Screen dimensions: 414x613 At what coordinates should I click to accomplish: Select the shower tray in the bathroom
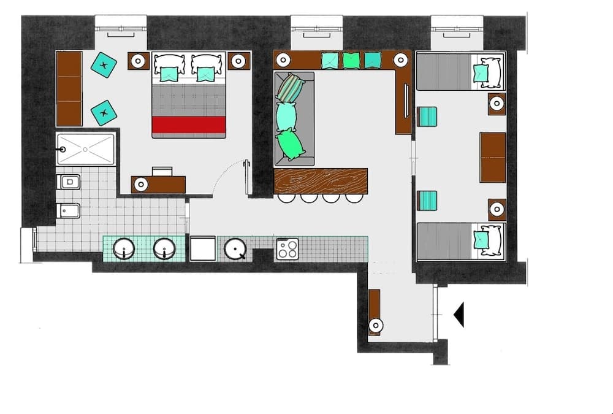tap(86, 149)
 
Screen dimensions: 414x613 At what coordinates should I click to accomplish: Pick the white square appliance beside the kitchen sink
tap(202, 249)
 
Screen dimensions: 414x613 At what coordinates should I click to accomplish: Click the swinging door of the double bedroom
tap(246, 178)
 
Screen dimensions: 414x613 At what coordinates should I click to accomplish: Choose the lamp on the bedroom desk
tap(141, 184)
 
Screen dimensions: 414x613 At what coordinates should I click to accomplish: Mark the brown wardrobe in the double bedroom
tap(69, 88)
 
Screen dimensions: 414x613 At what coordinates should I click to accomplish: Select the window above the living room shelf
tap(316, 28)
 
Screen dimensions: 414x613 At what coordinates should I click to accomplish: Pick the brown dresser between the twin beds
tap(493, 157)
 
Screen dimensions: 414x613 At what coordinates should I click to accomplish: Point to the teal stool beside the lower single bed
tap(427, 201)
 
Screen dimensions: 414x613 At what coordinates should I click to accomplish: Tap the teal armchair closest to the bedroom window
tap(104, 64)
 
